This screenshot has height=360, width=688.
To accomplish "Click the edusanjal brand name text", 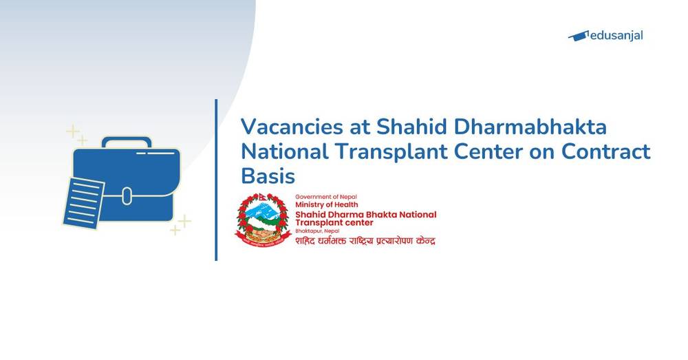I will pyautogui.click(x=618, y=35).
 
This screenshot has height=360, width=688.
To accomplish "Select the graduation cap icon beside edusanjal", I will pyautogui.click(x=579, y=35).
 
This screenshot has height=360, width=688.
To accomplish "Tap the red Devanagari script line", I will pyautogui.click(x=365, y=241).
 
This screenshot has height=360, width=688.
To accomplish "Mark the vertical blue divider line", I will pyautogui.click(x=216, y=180).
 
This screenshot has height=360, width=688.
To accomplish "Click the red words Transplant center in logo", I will pyautogui.click(x=334, y=223).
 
